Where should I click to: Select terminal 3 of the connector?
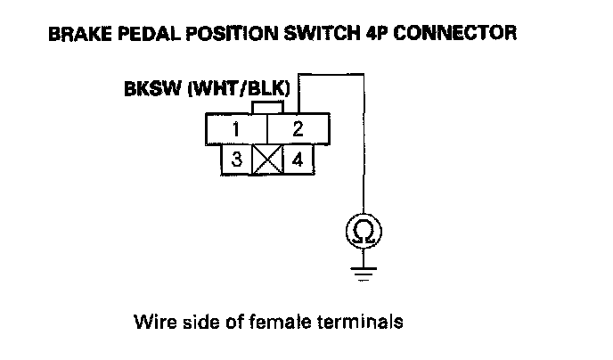[x=238, y=160]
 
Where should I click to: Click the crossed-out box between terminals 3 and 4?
[x=267, y=160]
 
